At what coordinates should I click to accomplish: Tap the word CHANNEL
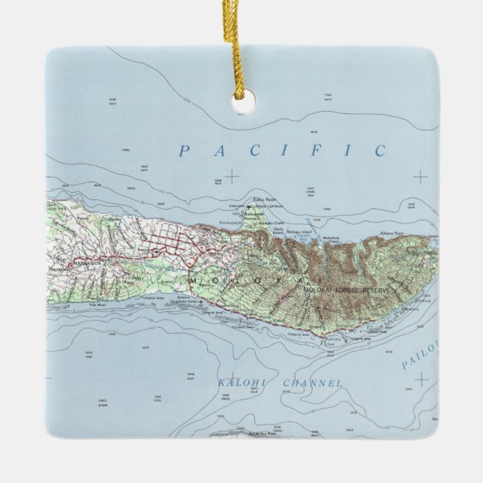point(313,383)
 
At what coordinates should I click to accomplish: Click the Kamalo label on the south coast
point(332,340)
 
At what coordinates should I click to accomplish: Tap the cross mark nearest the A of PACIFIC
point(232,176)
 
